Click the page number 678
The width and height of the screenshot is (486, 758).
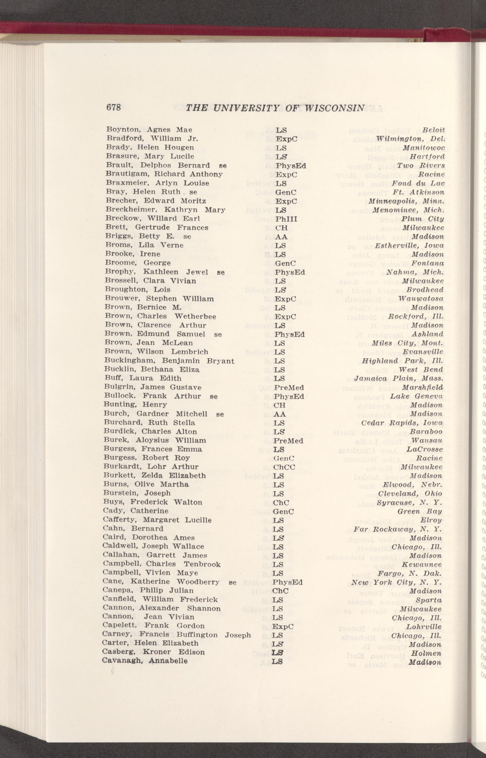point(114,108)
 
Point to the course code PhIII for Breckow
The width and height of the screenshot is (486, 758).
point(286,219)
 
